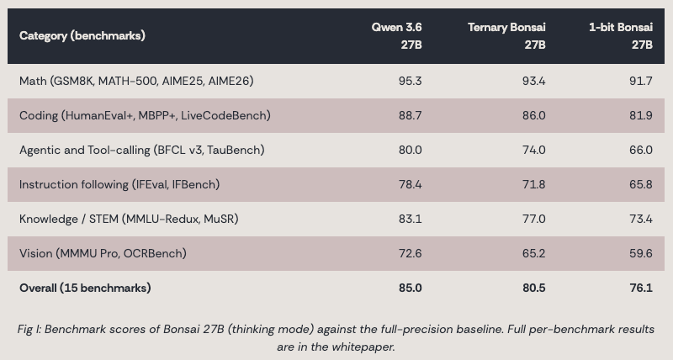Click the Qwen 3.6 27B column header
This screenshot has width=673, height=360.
pos(396,36)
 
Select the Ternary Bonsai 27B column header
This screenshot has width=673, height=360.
pos(506,36)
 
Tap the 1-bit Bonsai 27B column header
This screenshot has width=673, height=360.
pos(621,36)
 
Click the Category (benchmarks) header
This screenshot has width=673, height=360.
pos(82,35)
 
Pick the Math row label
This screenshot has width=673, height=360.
pos(136,81)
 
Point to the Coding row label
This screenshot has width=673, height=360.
pos(145,115)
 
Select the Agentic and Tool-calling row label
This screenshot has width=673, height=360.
pos(142,151)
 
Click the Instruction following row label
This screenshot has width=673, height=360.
pos(119,184)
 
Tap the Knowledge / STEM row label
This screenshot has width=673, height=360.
pos(129,219)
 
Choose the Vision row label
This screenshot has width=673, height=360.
pos(103,253)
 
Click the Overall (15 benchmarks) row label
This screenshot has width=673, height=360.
pos(85,288)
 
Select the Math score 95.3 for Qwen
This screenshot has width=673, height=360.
pos(410,81)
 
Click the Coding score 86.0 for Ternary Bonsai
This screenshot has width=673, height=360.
pos(534,115)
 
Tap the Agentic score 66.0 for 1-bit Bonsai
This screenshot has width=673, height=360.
pos(641,151)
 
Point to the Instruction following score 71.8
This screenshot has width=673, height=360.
pos(534,184)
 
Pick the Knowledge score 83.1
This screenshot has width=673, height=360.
pos(410,219)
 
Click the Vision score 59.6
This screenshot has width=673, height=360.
pos(641,253)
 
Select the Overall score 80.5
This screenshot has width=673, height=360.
pos(534,288)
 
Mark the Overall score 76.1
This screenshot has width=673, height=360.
pos(641,288)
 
